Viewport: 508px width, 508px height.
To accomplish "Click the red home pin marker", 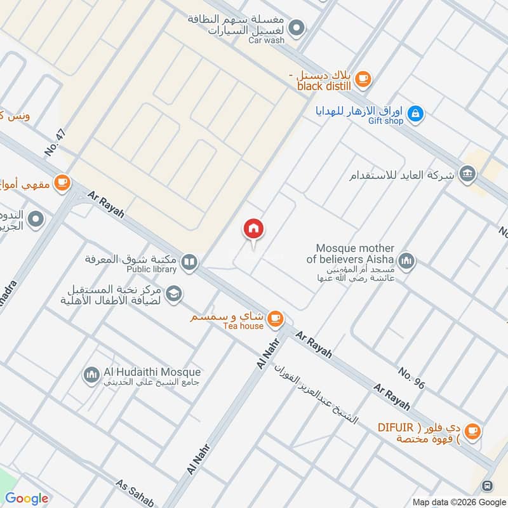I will pos(253,229).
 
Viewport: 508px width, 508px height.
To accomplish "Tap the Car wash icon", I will pos(296,28).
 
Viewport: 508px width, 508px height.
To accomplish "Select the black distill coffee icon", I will pos(362,79).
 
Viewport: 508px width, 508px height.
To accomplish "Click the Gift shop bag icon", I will pos(415,114).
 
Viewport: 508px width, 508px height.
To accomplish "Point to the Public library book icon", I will pos(189,261).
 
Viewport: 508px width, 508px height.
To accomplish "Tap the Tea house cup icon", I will pos(274,318).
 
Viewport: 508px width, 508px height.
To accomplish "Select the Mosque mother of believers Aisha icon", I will pos(406,261).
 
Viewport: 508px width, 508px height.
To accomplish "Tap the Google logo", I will pos(27,498).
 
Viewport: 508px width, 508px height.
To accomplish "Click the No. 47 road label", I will pos(56,144).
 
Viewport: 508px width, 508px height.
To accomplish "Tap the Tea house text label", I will pos(243,326).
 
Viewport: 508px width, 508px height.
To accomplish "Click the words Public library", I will pos(151,269).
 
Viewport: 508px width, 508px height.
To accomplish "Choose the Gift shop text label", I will pos(385,121).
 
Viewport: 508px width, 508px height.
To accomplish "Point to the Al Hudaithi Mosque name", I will pos(151,371).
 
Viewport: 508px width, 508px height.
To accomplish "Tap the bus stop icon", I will pos(487,486).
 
